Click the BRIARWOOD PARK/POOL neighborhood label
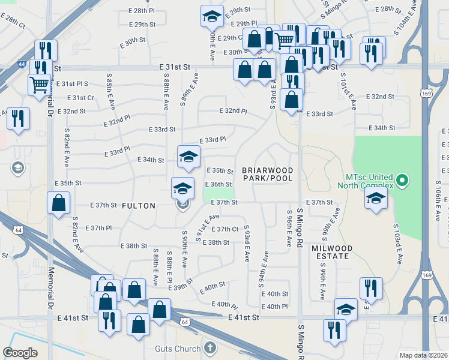point(268,174)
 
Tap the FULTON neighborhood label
point(139,205)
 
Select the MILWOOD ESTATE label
point(330,252)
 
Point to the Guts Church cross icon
point(209,347)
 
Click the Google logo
point(20,353)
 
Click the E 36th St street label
point(218,184)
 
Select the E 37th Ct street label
point(228,229)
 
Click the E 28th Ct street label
point(13,23)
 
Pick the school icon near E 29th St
point(211,18)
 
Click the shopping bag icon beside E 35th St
point(59,204)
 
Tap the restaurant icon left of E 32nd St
point(18,118)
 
